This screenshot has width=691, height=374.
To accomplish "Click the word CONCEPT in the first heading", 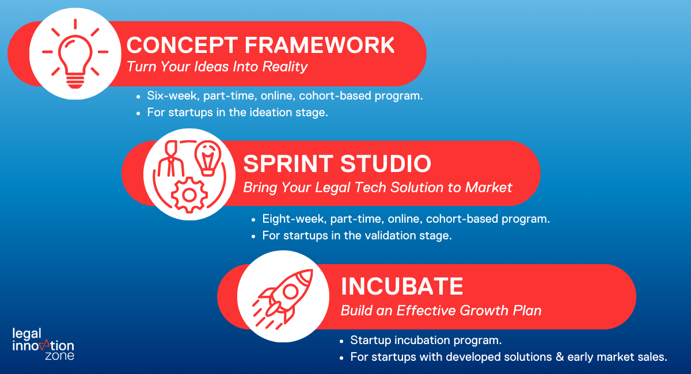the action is pyautogui.click(x=182, y=45).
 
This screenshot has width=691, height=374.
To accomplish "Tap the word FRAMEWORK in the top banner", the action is pyautogui.click(x=320, y=45).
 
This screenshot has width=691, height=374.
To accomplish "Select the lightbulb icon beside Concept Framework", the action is pyautogui.click(x=75, y=54).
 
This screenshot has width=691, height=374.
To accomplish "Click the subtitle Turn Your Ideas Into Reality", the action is pyautogui.click(x=217, y=67).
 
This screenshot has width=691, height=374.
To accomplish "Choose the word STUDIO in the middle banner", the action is pyautogui.click(x=386, y=163).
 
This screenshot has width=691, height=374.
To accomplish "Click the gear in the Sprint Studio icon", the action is pyautogui.click(x=189, y=195).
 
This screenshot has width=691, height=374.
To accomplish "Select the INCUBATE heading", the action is pyautogui.click(x=402, y=286).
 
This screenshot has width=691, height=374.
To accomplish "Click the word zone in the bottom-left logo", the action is pyautogui.click(x=59, y=356).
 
